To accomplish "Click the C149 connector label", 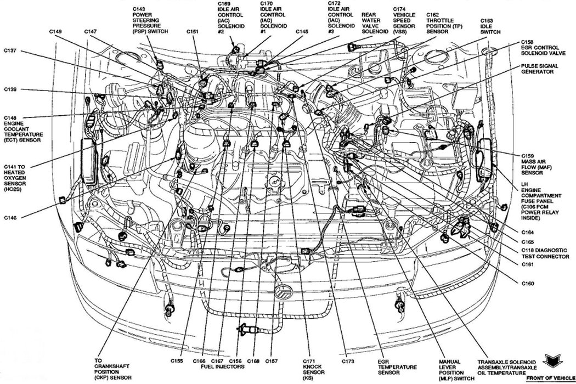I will coord(54,32).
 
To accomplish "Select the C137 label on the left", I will coord(10,51).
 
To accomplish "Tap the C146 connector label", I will coord(10,218).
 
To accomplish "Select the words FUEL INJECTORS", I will coord(218,368).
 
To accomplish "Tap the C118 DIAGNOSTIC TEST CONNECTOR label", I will coord(544,253).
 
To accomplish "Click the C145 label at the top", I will coord(302,32).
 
